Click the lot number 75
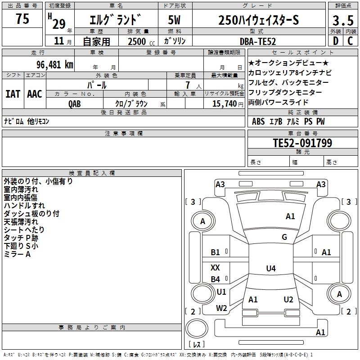(22, 18)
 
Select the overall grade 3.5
(343, 20)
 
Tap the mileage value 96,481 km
(54, 65)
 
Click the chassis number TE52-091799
(302, 143)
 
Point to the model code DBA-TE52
(257, 41)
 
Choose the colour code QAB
(74, 104)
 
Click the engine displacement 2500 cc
(141, 41)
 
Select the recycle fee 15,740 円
(228, 104)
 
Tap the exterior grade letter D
(335, 41)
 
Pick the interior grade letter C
(350, 41)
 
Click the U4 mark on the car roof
(271, 268)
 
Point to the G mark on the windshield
(284, 237)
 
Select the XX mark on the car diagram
(215, 267)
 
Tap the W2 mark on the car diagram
(221, 308)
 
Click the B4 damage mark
(216, 279)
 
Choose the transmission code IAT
(13, 94)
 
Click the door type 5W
(174, 20)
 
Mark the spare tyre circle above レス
(197, 328)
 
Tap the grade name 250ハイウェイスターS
(258, 20)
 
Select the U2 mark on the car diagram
(288, 299)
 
